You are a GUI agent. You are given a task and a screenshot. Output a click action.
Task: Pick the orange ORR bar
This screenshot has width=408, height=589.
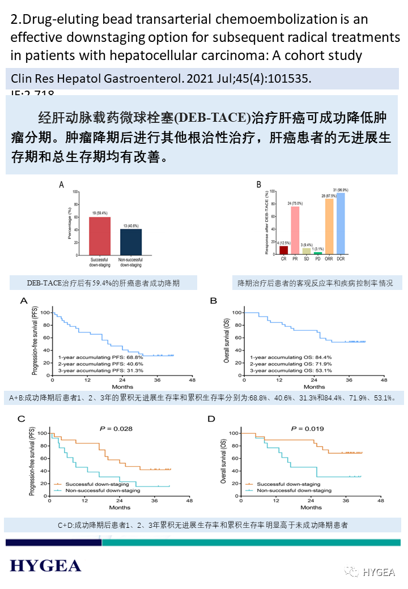(329, 226)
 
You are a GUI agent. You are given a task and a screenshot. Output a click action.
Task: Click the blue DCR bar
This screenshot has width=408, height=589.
(341, 224)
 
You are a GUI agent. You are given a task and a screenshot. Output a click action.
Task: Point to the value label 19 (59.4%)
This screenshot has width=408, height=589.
(100, 214)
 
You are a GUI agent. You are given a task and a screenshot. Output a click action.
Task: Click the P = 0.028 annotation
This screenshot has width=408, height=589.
(116, 429)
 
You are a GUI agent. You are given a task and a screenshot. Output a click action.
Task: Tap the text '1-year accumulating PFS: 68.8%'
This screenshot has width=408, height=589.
(100, 357)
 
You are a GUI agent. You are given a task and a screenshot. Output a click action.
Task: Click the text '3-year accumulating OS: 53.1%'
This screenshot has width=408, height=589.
(291, 370)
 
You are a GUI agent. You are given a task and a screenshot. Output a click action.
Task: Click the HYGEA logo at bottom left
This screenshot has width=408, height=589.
(45, 565)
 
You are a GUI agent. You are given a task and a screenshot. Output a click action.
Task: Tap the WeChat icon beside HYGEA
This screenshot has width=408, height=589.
(353, 571)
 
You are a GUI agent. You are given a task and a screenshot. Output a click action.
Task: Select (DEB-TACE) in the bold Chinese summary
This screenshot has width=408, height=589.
(212, 117)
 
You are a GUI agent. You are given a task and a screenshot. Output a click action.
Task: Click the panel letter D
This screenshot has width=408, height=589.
(212, 419)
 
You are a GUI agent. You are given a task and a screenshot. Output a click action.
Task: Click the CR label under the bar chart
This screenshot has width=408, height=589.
(283, 259)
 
